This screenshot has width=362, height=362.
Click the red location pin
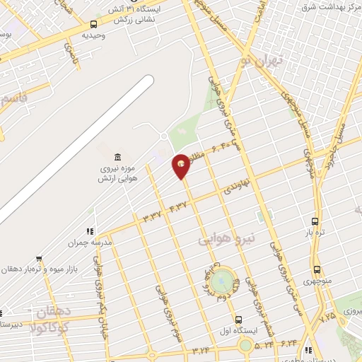point(182,165)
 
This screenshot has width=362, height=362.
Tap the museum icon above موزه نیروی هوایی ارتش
point(117,156)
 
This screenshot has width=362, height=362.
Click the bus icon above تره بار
point(315,221)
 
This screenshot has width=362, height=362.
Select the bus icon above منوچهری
point(316,269)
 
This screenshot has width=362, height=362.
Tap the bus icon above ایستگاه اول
point(239,320)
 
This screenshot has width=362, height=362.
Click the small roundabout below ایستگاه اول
point(245,345)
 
